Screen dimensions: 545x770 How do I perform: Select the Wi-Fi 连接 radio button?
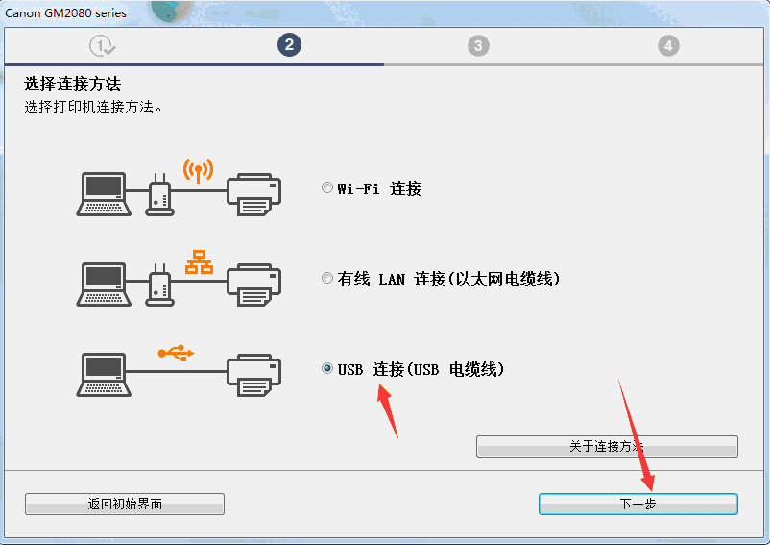(x=327, y=188)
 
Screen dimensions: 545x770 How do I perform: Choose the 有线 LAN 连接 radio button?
(x=327, y=279)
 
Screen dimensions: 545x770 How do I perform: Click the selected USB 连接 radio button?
(x=327, y=369)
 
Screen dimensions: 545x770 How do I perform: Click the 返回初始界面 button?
(x=125, y=504)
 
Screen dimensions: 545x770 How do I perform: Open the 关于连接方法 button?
(x=607, y=447)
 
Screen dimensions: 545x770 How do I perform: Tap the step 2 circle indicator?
(x=289, y=45)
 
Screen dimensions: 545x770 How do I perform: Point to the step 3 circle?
(x=479, y=45)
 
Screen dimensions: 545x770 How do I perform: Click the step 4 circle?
(x=668, y=45)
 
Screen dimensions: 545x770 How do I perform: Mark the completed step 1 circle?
(x=101, y=45)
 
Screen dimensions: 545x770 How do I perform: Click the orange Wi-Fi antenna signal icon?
(x=199, y=171)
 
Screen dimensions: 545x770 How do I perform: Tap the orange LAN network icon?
(x=199, y=261)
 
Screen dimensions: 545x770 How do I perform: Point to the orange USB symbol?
(x=176, y=353)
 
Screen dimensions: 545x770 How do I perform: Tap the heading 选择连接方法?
(x=72, y=85)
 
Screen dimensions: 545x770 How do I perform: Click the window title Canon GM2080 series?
(x=66, y=12)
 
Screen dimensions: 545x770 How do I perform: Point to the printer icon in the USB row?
(x=254, y=376)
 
